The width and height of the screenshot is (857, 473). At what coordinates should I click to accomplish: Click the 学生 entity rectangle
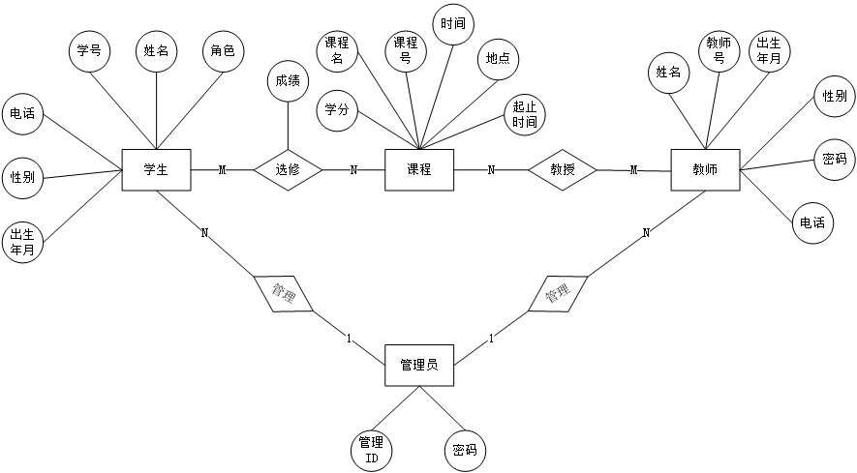pyautogui.click(x=156, y=170)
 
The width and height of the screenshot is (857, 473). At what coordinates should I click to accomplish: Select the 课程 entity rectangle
pyautogui.click(x=418, y=170)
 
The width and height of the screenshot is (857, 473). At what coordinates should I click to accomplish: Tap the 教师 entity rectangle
pyautogui.click(x=705, y=170)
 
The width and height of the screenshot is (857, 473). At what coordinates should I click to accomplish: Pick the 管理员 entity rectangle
pyautogui.click(x=418, y=365)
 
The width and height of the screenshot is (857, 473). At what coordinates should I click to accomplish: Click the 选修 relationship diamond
pyautogui.click(x=288, y=170)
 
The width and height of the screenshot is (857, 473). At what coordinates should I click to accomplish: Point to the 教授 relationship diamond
pyautogui.click(x=563, y=170)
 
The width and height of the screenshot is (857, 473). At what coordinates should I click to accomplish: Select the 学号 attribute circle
pyautogui.click(x=88, y=50)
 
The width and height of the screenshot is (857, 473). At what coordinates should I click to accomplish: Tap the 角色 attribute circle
pyautogui.click(x=223, y=50)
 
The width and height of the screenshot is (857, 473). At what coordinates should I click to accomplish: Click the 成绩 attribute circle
pyautogui.click(x=288, y=81)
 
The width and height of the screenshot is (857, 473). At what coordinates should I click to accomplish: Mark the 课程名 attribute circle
pyautogui.click(x=337, y=50)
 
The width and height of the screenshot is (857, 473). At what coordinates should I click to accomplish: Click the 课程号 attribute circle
pyautogui.click(x=405, y=50)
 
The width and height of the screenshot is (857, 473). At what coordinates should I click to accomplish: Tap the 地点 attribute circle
pyautogui.click(x=498, y=58)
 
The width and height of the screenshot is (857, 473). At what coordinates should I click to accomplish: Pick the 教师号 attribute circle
pyautogui.click(x=719, y=50)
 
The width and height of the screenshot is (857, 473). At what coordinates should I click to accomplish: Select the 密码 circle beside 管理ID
pyautogui.click(x=464, y=450)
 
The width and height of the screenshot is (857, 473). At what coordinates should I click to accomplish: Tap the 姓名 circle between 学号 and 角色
pyautogui.click(x=156, y=50)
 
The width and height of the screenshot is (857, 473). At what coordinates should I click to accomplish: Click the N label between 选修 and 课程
pyautogui.click(x=353, y=170)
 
